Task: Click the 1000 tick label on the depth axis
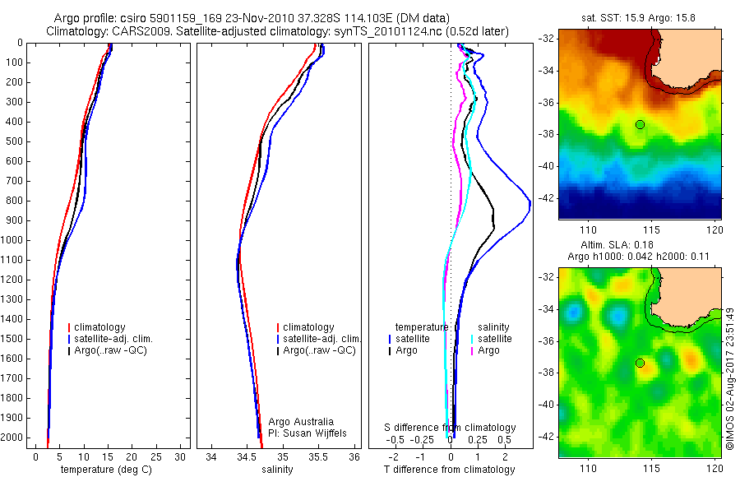click(15, 240)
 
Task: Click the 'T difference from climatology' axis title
click(449, 470)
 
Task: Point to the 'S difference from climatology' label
click(451, 428)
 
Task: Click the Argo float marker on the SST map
click(640, 124)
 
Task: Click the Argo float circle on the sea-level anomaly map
click(640, 363)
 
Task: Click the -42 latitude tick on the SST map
click(546, 198)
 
